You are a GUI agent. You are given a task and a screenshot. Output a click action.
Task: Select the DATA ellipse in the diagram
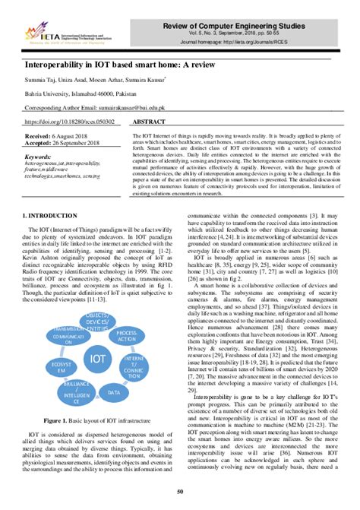point(114,393)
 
